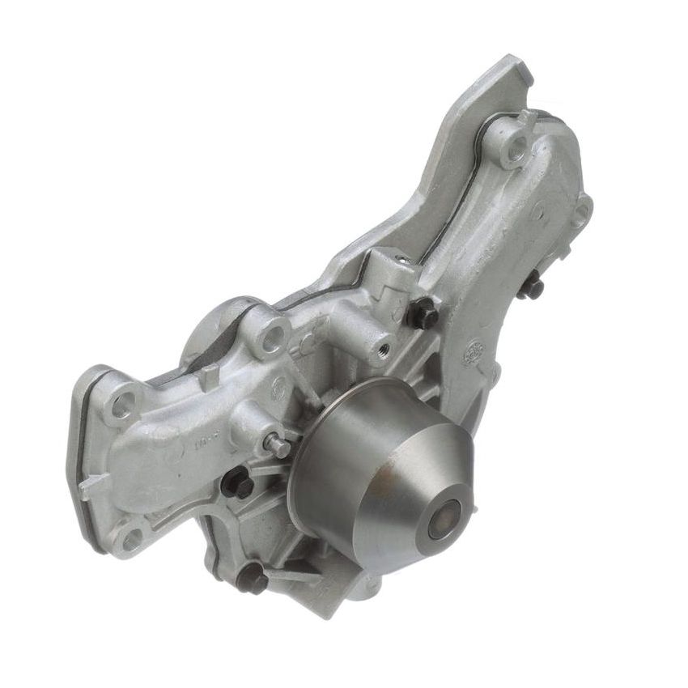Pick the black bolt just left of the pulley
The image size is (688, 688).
click(x=236, y=483)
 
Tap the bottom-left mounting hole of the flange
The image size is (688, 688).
click(x=130, y=537)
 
